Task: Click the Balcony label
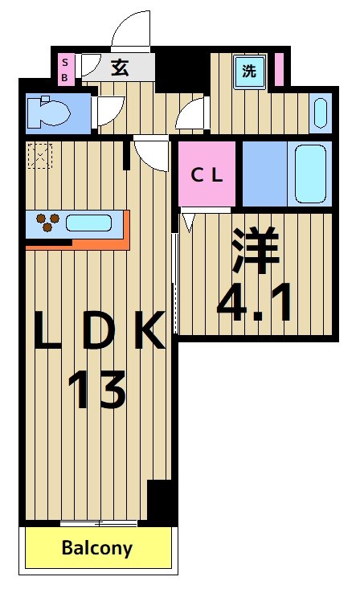tap(97, 549)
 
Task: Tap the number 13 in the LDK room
tap(96, 391)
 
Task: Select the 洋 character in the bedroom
tap(256, 249)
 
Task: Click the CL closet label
tap(207, 174)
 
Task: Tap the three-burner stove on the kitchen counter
tap(45, 222)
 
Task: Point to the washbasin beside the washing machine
tap(320, 113)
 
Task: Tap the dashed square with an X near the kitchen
tap(39, 154)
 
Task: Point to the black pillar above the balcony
tap(161, 502)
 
